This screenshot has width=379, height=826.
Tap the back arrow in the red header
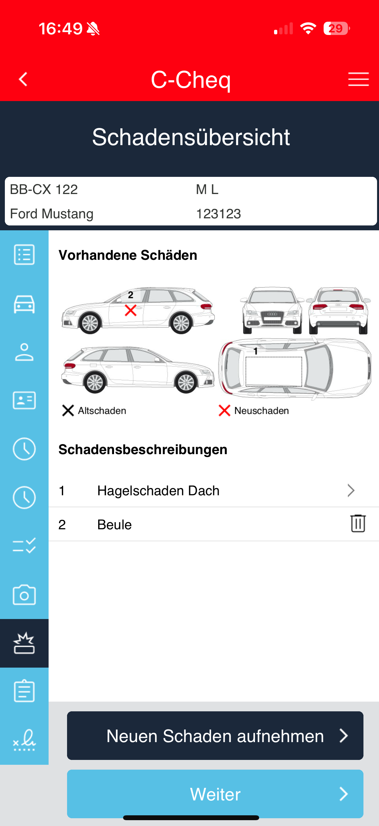23,79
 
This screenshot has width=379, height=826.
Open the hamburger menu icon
358,79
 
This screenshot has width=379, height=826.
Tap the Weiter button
215,794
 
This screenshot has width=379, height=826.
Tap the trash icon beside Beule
358,523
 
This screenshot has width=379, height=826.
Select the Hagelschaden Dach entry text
158,491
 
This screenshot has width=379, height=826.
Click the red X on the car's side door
131,310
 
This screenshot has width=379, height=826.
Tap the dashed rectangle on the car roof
274,372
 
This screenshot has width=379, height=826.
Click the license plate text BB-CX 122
44,189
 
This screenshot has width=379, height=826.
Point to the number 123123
219,214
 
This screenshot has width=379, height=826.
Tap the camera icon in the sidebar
24,595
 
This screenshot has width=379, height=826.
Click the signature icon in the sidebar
24,740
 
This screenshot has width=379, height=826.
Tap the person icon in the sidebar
24,352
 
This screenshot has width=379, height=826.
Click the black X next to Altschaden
68,410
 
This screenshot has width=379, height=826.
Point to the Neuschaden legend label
262,411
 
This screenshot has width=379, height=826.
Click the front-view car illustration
272,310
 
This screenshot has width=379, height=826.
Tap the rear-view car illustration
339,310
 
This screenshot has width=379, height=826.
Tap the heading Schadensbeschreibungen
143,450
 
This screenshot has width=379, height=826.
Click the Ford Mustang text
52,214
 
